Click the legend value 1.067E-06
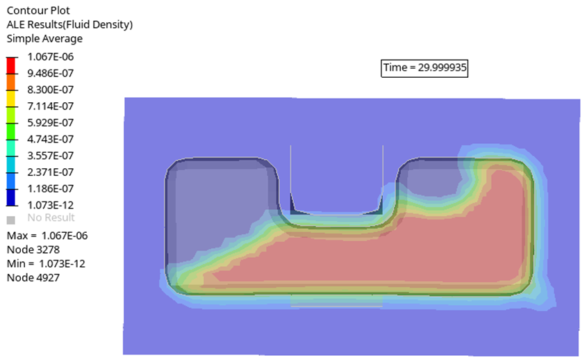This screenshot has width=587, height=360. click(x=51, y=57)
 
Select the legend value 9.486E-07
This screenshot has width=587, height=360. click(x=51, y=74)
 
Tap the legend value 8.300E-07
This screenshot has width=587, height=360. click(x=51, y=90)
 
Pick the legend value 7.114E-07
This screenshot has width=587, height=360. click(x=51, y=106)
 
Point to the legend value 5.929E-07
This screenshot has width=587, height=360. click(x=51, y=123)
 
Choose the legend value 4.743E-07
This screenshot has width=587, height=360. click(x=51, y=140)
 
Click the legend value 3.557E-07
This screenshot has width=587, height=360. click(x=51, y=156)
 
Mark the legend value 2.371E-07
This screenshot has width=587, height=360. click(x=51, y=172)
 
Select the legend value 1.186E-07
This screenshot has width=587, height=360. click(x=51, y=189)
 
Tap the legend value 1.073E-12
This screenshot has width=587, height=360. click(x=51, y=205)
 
